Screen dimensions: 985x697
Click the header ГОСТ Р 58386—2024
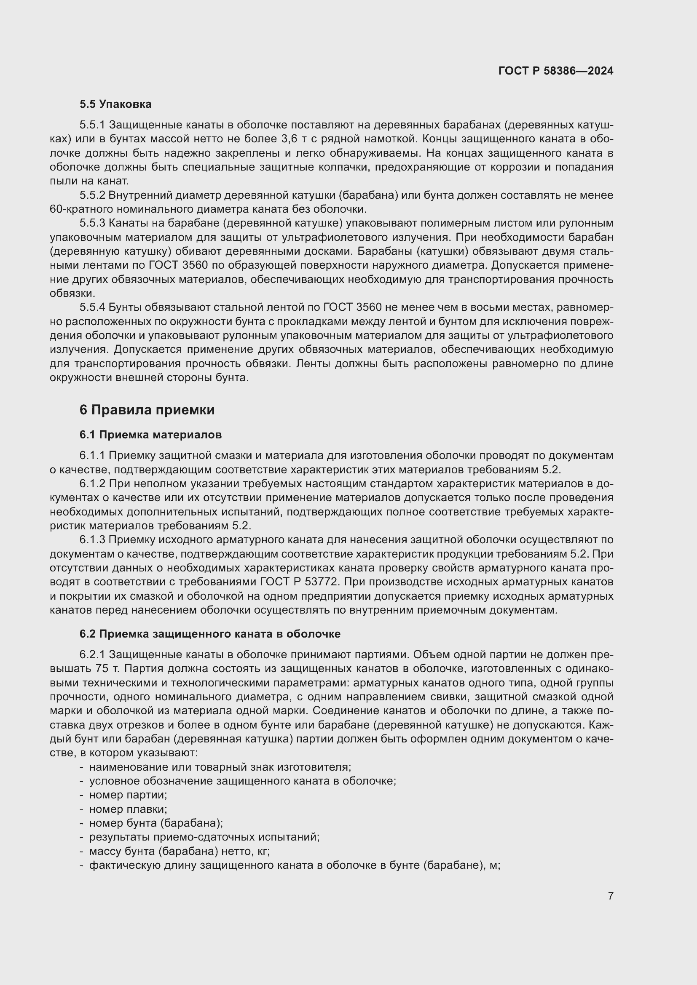point(555,71)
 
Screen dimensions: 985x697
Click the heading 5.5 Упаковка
point(115,104)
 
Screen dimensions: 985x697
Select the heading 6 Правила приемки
point(147,410)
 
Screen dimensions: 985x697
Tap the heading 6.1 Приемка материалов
point(150,435)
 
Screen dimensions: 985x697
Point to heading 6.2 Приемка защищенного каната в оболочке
point(210,634)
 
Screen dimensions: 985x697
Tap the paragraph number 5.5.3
point(92,223)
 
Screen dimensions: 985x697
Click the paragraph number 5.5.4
point(92,307)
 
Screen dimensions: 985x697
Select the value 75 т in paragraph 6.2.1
point(105,668)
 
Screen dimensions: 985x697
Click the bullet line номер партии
point(128,795)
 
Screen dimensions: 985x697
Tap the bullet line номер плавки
point(128,809)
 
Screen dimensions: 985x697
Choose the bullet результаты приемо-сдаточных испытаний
point(204,837)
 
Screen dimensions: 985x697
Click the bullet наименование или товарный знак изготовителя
point(220,767)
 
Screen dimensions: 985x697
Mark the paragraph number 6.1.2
point(92,484)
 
